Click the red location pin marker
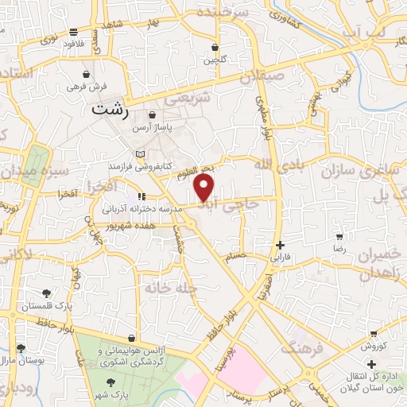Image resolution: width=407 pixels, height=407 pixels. [205, 188]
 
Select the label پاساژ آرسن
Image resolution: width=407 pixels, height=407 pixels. [151, 127]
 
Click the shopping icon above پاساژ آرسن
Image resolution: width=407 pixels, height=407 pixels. [152, 115]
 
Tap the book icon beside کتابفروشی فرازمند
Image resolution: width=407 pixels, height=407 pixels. [141, 153]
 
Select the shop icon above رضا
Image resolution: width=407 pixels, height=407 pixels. [339, 237]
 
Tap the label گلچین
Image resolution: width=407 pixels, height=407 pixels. [215, 60]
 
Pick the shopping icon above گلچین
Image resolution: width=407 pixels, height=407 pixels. [215, 48]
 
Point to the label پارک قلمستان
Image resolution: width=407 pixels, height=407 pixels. [47, 305]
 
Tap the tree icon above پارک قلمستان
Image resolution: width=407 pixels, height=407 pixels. [47, 293]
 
